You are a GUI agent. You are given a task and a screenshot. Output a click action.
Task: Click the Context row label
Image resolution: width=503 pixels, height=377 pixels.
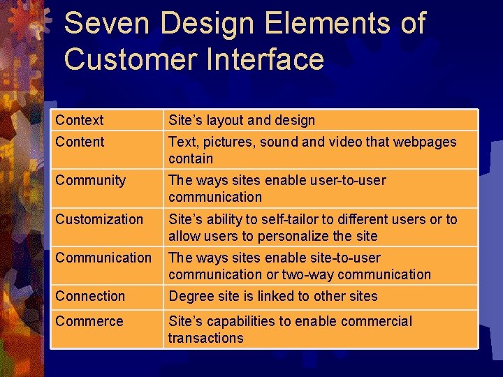[80, 120]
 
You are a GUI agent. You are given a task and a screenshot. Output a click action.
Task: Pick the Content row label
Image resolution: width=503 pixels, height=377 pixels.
[80, 142]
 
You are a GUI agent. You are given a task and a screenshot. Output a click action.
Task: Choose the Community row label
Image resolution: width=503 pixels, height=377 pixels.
[89, 180]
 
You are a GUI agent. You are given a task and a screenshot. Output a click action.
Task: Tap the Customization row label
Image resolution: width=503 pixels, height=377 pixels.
[99, 219]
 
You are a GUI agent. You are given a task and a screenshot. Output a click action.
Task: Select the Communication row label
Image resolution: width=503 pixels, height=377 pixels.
[103, 258]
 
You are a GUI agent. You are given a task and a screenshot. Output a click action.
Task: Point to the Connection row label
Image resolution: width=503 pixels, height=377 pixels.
[89, 296]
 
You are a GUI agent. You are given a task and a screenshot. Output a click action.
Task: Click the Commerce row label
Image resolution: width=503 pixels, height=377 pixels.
[89, 321]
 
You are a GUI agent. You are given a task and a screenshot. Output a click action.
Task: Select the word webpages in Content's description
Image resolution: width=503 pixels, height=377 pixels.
[424, 142]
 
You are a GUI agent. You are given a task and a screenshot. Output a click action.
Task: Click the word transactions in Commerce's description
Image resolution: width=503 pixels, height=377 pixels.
[205, 338]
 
